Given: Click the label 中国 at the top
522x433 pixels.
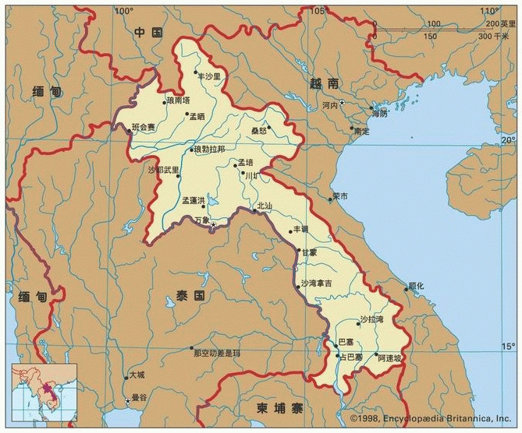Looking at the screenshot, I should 147,32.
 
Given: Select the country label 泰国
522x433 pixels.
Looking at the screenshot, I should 190,297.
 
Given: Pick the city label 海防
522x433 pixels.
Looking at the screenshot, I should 380,114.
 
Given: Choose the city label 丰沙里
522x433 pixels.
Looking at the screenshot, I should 210,76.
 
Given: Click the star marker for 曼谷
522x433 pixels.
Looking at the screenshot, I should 128,402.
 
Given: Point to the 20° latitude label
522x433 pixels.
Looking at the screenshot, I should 509,139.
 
